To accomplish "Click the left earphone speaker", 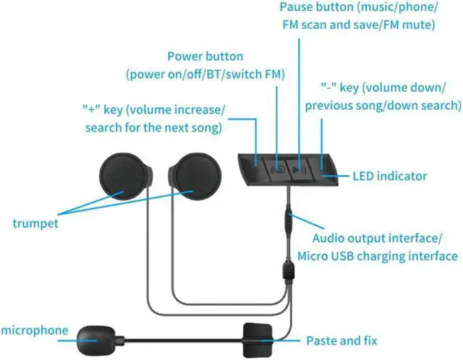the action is coord(124,179).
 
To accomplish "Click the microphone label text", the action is coord(35,330).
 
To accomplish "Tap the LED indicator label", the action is coord(389,176).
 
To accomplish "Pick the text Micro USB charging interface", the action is coord(377,256).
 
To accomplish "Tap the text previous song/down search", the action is coord(383,105).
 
